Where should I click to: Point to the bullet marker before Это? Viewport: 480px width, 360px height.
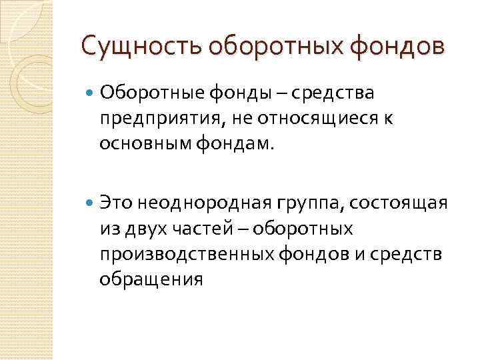pyautogui.click(x=90, y=201)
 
